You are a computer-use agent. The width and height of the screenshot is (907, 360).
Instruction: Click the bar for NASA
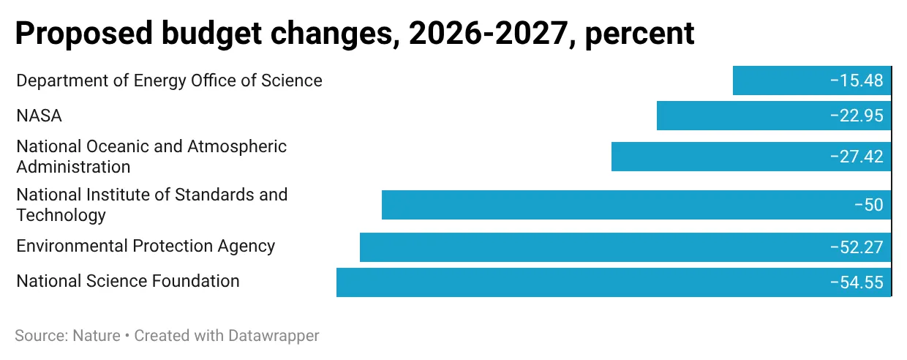click(739, 116)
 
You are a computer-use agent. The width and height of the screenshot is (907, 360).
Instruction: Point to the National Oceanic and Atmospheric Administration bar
click(717, 157)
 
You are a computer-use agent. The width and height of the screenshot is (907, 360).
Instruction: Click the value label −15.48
click(857, 80)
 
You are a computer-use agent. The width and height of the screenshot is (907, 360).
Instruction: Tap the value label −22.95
click(857, 116)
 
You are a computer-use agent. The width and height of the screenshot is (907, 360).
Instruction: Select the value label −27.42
click(857, 157)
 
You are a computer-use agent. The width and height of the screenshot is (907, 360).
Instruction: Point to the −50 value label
click(869, 205)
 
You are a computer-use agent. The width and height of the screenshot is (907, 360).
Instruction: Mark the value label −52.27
click(857, 247)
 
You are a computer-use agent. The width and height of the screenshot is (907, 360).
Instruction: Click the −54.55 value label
click(857, 282)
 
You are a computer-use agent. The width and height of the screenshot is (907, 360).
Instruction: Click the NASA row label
click(39, 116)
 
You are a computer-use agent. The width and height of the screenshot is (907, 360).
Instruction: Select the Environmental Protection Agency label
click(146, 246)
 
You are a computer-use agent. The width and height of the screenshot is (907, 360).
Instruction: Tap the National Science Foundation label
click(128, 281)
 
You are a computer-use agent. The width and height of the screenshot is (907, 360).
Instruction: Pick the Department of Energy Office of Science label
click(169, 80)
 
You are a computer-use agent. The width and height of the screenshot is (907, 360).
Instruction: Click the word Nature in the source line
click(97, 336)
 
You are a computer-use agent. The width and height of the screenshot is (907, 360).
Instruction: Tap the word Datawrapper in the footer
click(275, 336)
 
